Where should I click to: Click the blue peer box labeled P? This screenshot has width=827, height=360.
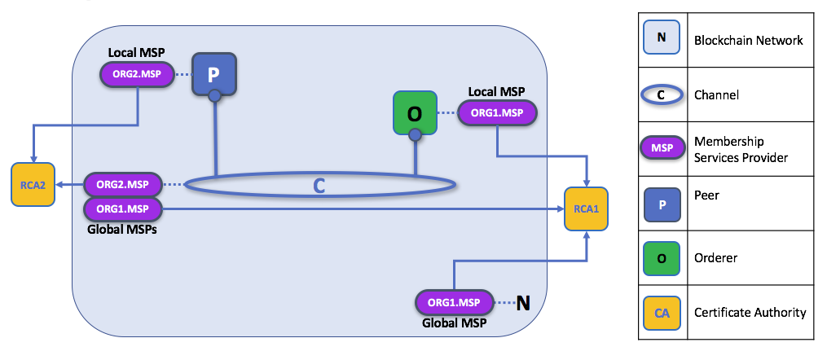tap(213, 74)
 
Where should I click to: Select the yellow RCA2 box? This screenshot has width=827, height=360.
tap(33, 185)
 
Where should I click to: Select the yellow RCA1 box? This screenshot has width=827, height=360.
tap(587, 209)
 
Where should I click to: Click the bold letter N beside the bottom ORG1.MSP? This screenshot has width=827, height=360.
tap(523, 303)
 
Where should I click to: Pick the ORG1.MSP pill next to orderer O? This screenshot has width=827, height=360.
tap(497, 113)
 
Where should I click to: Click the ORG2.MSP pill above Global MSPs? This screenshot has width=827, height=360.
tap(123, 184)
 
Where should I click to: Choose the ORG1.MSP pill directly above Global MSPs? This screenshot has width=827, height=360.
tap(123, 209)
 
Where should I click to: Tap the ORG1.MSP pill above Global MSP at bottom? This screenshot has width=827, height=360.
tap(455, 303)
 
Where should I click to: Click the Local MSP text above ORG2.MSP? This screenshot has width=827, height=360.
tap(136, 53)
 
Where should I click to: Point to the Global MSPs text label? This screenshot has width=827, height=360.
tap(121, 230)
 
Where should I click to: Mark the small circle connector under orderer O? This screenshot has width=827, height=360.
tap(415, 134)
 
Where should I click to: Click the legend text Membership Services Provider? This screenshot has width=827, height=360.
tap(741, 149)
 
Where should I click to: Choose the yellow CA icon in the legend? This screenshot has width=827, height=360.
tap(661, 312)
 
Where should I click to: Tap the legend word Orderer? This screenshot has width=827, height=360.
tap(715, 258)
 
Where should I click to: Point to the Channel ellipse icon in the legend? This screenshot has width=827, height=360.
tap(661, 94)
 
